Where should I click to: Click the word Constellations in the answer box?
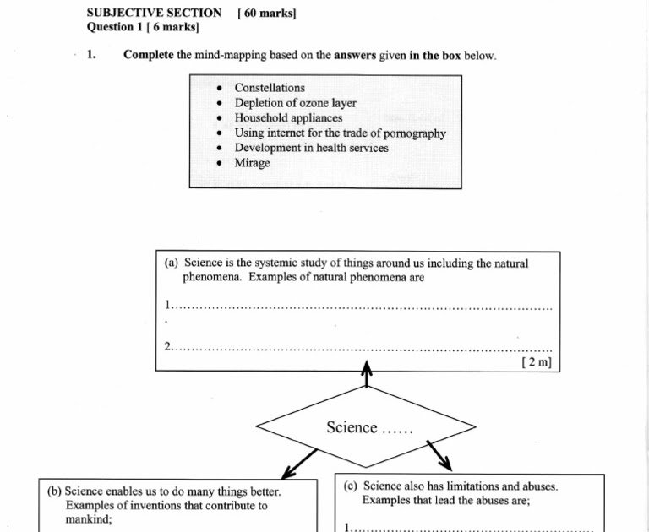tap(270, 88)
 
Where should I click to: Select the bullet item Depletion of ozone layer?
tap(295, 103)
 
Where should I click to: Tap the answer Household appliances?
tap(288, 118)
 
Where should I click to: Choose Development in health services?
tap(311, 148)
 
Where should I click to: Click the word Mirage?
tap(252, 163)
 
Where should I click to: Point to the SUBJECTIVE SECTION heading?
tap(154, 13)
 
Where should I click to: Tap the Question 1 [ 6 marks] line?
tap(143, 27)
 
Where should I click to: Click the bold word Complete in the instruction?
tap(149, 56)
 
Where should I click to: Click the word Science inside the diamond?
tap(352, 427)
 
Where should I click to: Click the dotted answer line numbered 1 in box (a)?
tap(363, 308)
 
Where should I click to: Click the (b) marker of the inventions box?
tap(55, 491)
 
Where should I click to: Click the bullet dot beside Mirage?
tap(220, 164)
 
